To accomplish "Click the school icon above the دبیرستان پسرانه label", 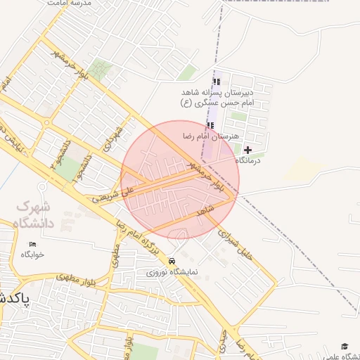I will click(x=216, y=82).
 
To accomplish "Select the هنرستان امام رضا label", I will click(x=210, y=136).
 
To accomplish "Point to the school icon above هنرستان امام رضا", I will click(x=210, y=125).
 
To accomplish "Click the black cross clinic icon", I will click(x=247, y=150).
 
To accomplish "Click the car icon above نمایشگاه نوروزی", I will click(x=172, y=261).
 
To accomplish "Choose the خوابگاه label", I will click(x=32, y=254).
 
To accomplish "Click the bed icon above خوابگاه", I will click(x=32, y=244).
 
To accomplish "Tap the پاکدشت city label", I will click(x=14, y=298).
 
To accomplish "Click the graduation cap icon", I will click(x=345, y=346).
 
